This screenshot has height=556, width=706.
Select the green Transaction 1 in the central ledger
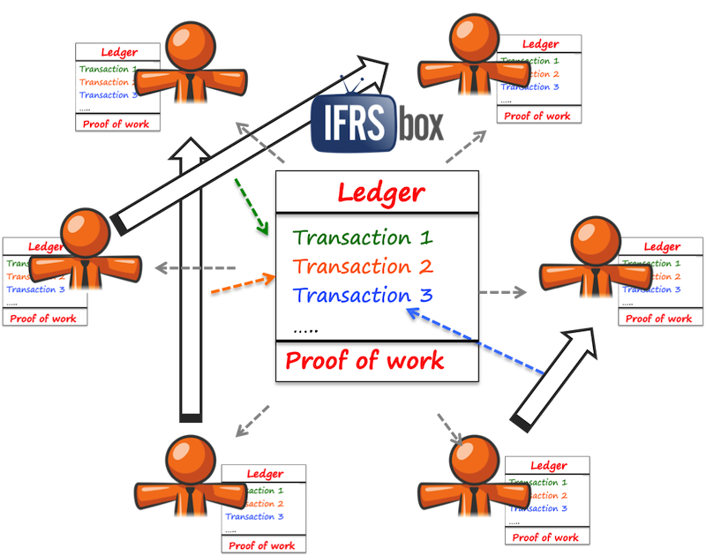[x=363, y=237]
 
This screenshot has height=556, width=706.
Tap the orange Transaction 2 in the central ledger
[x=363, y=267]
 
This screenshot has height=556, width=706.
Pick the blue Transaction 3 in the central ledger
[x=363, y=296]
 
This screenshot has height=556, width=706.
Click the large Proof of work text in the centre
[x=364, y=360]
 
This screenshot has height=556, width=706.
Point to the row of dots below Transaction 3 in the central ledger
[x=305, y=329]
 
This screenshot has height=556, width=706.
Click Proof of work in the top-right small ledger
[x=537, y=116]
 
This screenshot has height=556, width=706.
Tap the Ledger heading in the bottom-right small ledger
[x=547, y=465]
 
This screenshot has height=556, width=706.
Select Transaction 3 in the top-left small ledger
[x=104, y=95]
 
